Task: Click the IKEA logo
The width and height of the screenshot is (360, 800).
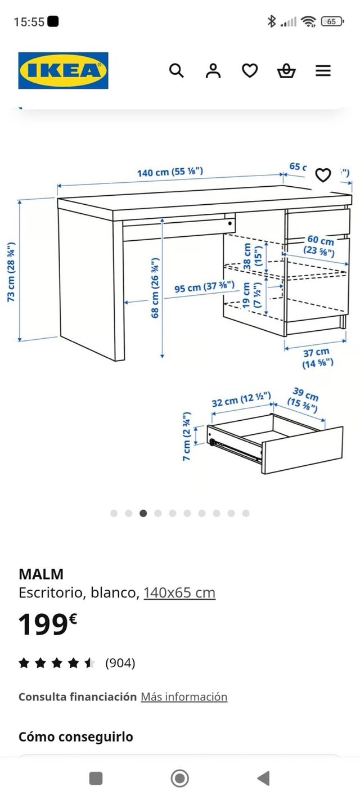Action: [x=63, y=71]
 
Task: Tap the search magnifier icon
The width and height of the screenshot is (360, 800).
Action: [x=177, y=71]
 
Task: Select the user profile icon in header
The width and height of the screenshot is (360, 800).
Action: [x=213, y=71]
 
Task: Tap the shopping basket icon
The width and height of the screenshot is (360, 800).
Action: [x=286, y=71]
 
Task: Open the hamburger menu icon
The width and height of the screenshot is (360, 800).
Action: [x=323, y=71]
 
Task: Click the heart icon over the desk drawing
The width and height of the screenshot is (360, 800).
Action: [x=323, y=176]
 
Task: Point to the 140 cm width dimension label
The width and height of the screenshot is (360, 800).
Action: [x=170, y=172]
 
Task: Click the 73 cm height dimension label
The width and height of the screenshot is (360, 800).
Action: [x=11, y=272]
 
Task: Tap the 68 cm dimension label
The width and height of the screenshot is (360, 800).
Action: [x=155, y=288]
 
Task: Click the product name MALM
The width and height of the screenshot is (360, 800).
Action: [x=41, y=574]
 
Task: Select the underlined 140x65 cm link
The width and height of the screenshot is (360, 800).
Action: [x=179, y=592]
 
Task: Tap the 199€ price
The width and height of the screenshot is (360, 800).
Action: [x=47, y=624]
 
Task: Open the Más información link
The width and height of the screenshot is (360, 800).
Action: [x=184, y=696]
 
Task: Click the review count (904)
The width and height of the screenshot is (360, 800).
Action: [x=120, y=663]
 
